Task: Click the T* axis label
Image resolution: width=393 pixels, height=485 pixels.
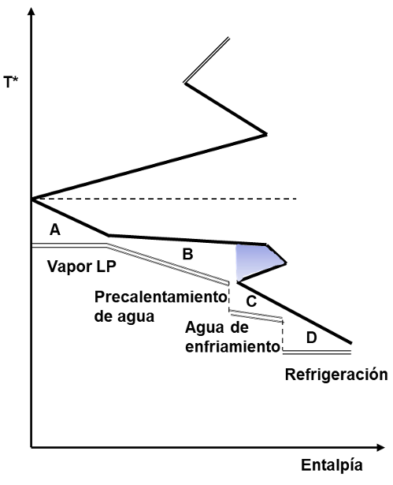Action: click(11, 82)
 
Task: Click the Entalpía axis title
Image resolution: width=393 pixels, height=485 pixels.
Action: click(332, 465)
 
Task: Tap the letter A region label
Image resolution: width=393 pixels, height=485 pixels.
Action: click(55, 230)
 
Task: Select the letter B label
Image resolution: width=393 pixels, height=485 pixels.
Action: click(188, 254)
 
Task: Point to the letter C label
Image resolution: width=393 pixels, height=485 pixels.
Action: click(251, 301)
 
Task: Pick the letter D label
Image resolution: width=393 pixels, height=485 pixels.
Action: click(311, 338)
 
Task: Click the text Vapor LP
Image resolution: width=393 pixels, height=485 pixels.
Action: click(82, 267)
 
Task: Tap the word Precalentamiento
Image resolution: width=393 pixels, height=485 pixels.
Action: click(161, 297)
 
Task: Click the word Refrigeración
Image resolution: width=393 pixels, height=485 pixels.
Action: click(336, 375)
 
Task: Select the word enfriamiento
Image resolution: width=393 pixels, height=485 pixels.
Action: click(232, 347)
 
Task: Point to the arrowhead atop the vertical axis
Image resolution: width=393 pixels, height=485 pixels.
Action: click(32, 11)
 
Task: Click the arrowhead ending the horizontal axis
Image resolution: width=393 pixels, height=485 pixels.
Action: click(380, 447)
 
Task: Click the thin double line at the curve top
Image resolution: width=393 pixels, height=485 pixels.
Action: click(206, 60)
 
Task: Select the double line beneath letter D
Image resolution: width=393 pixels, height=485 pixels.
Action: click(317, 352)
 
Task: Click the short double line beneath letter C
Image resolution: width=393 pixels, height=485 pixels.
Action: click(256, 315)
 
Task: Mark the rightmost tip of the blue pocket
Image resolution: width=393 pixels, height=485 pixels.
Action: click(286, 263)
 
